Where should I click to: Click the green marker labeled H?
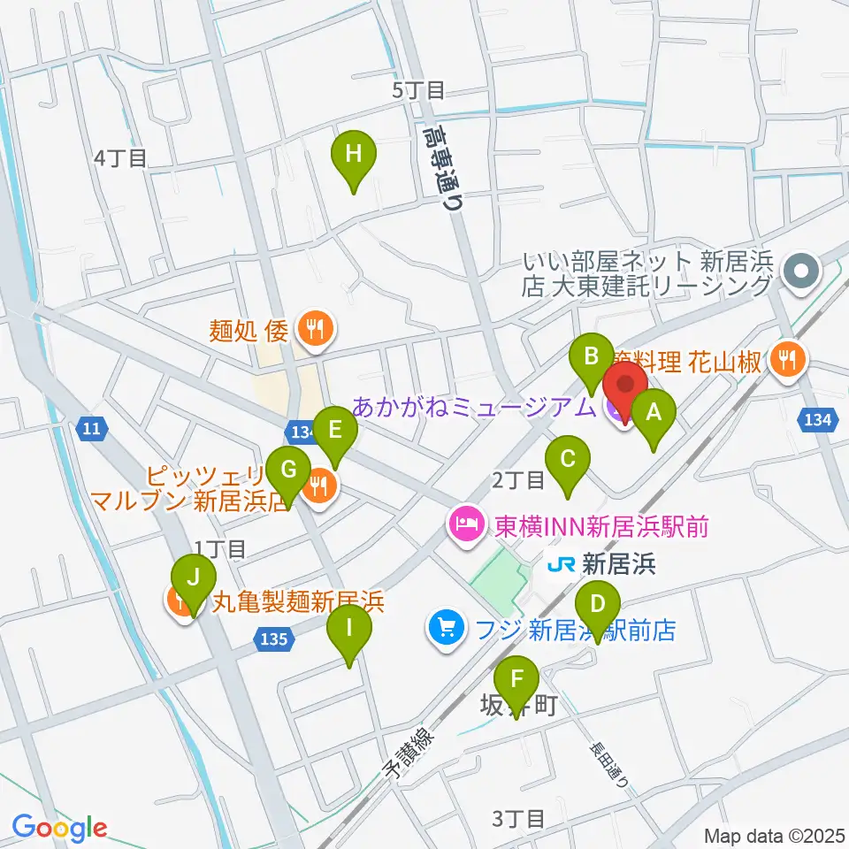click(x=353, y=156)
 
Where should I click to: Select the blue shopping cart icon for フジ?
click(x=445, y=629)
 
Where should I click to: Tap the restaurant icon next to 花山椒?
click(x=785, y=358)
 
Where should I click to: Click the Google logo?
click(x=59, y=828)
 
